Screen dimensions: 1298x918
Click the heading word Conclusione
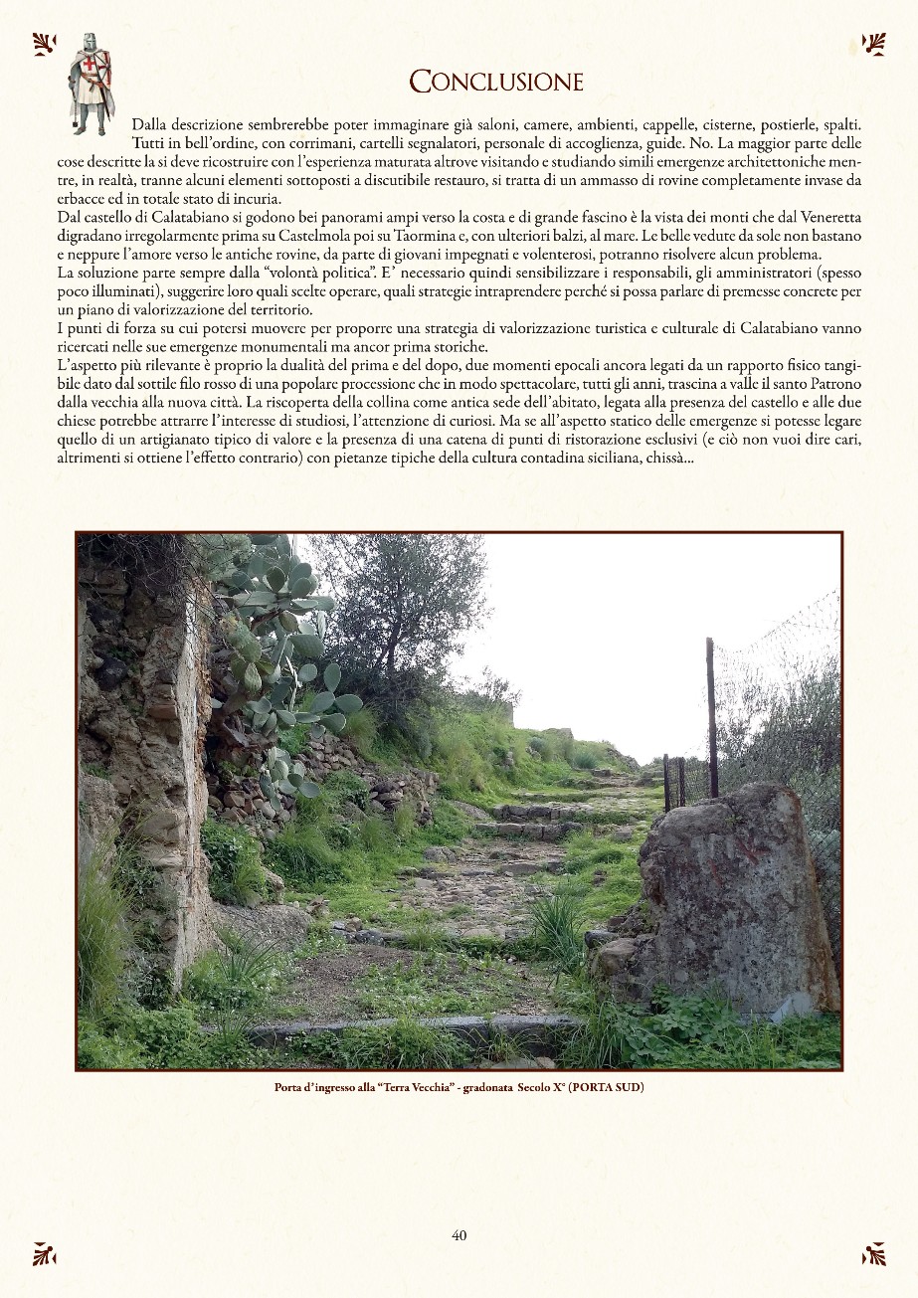click(x=496, y=82)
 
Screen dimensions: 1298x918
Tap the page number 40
click(x=459, y=1235)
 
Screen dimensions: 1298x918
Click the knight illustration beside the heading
click(x=91, y=84)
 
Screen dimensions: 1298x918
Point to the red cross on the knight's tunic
click(x=90, y=73)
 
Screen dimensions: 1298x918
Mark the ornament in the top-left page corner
click(x=43, y=43)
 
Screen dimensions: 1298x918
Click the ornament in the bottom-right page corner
click(x=874, y=1253)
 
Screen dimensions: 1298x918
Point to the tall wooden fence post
click(x=711, y=716)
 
